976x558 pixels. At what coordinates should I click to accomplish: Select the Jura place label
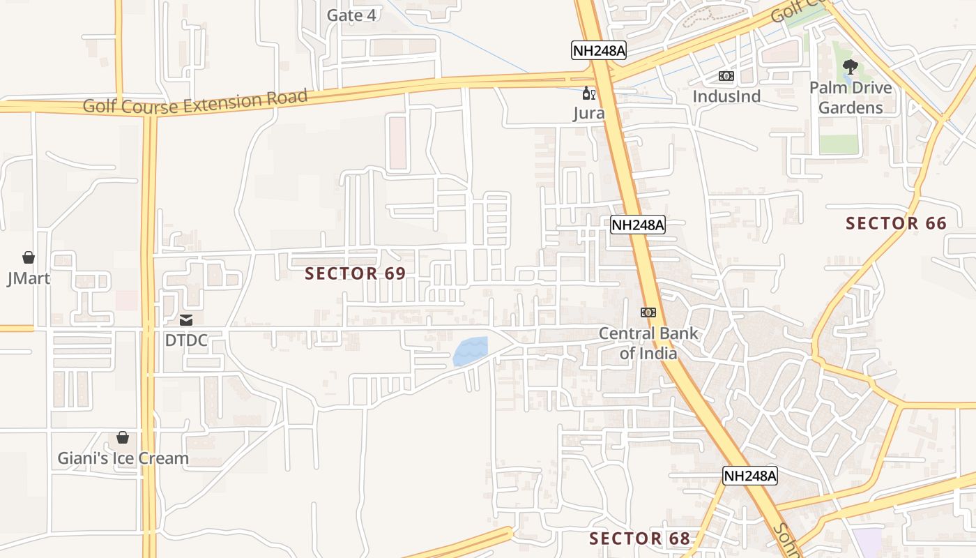click(589, 113)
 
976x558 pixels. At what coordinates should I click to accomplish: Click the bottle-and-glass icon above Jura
click(589, 93)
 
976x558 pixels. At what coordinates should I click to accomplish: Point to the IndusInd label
click(726, 96)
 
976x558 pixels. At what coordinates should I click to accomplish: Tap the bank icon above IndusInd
click(726, 76)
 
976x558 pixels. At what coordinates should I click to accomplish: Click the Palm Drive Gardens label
click(851, 98)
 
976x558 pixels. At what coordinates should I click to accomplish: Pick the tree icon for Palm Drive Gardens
click(850, 67)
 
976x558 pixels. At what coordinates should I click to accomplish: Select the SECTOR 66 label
click(896, 223)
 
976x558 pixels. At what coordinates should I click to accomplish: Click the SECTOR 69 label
click(355, 273)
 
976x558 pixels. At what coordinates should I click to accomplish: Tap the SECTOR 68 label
click(639, 538)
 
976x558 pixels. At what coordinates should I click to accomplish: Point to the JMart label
click(29, 278)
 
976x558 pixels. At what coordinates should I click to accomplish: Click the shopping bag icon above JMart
click(29, 257)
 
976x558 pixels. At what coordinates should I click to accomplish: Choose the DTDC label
click(186, 340)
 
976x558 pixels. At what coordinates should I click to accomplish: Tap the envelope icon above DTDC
click(186, 320)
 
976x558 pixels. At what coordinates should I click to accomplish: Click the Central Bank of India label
click(648, 343)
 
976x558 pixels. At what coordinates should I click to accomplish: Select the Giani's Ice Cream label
click(123, 458)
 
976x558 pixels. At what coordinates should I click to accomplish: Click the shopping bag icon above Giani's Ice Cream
click(123, 437)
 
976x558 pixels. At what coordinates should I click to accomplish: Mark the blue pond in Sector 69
click(471, 352)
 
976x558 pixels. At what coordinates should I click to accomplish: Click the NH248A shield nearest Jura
click(599, 50)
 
